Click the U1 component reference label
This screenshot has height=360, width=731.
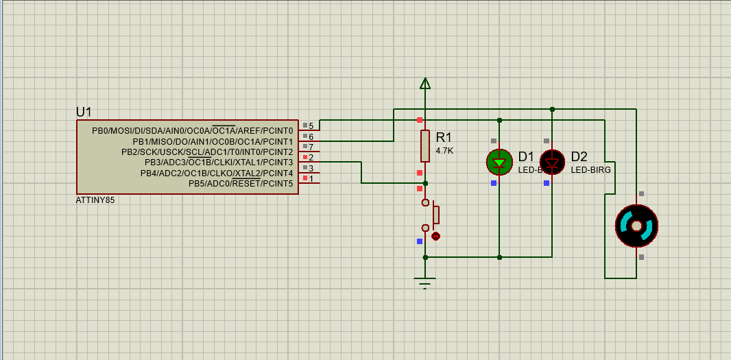click(84, 112)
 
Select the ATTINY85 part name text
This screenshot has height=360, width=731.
click(95, 201)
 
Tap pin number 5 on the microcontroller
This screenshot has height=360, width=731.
click(311, 126)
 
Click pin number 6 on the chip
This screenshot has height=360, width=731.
click(311, 137)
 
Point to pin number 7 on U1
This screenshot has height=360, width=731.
click(311, 147)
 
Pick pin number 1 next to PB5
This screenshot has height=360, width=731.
click(311, 179)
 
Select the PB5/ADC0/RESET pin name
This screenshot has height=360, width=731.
click(241, 184)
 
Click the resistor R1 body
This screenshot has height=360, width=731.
click(425, 146)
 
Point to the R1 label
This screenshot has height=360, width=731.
click(444, 137)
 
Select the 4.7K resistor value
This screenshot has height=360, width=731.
click(444, 150)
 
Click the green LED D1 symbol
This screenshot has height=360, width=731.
click(499, 163)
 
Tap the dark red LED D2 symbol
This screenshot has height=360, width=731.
click(552, 163)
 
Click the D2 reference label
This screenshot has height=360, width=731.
click(579, 156)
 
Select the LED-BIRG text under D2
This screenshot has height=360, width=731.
click(590, 169)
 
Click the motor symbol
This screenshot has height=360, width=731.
click(636, 226)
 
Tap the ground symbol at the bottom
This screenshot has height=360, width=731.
click(425, 281)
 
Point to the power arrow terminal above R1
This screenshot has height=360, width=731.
click(425, 84)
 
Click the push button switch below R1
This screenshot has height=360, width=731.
click(431, 215)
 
